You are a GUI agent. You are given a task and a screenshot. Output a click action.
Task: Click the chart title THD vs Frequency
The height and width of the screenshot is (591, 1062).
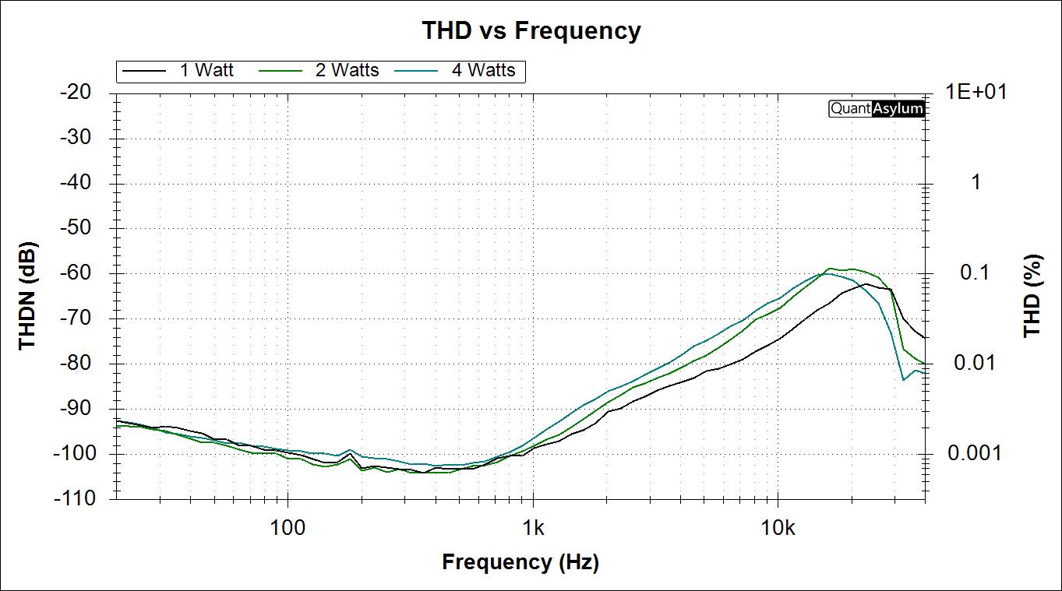tap(531, 30)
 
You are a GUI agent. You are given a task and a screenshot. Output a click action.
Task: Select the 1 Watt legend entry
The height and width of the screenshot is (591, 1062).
tap(206, 70)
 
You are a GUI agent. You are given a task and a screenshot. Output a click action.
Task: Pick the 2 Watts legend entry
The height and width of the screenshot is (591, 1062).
tap(347, 70)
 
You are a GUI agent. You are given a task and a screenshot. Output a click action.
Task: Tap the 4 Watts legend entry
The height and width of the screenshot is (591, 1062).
tap(483, 70)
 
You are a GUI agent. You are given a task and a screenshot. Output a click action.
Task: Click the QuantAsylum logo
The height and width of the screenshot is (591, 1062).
tap(877, 108)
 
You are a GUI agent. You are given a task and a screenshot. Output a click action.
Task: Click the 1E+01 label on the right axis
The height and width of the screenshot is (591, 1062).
tap(976, 92)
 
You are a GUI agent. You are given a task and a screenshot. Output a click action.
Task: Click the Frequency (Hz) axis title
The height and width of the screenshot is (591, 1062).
tap(520, 561)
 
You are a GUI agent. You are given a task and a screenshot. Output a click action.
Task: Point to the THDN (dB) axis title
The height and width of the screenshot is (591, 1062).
tap(27, 296)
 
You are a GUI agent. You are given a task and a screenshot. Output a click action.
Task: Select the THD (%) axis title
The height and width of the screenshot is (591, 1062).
tap(1032, 296)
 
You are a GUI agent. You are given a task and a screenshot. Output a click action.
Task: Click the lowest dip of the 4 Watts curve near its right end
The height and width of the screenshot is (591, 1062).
tap(903, 380)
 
